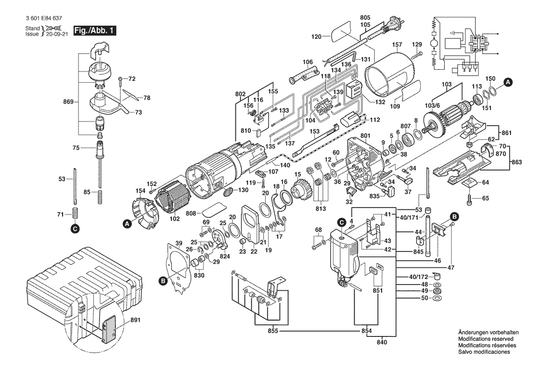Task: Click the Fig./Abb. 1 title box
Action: (x=92, y=31)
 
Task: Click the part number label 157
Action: (x=397, y=45)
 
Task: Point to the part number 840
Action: (x=382, y=343)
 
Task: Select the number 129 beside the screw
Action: (x=417, y=44)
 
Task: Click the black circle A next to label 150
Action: (x=509, y=82)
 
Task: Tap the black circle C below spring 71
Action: (x=74, y=229)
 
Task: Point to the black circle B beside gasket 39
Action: (x=163, y=281)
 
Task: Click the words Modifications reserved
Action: (x=486, y=339)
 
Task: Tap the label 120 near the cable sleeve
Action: (x=317, y=36)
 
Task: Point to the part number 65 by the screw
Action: (x=486, y=198)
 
